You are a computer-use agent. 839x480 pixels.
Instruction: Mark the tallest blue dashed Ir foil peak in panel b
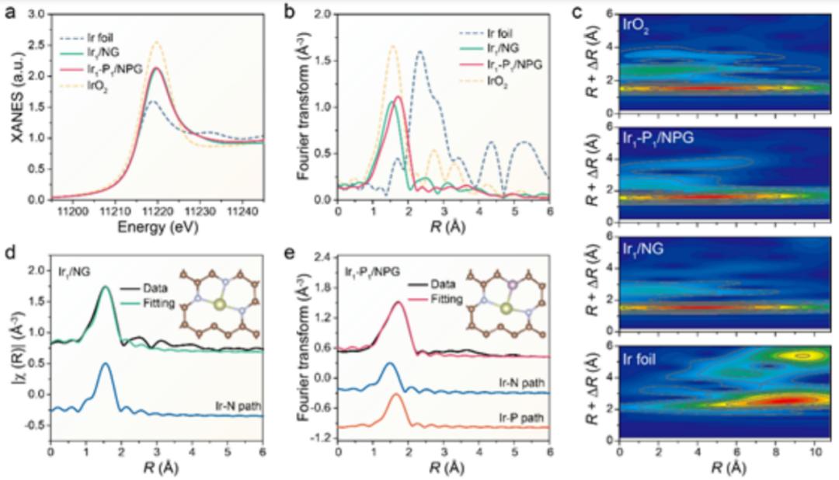pyautogui.click(x=420, y=51)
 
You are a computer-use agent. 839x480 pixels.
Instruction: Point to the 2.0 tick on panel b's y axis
pyautogui.click(x=323, y=14)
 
